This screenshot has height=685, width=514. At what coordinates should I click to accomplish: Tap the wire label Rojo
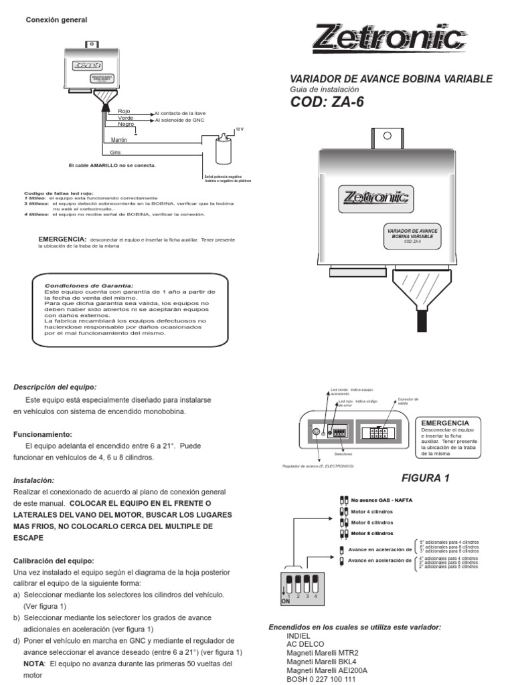pos(124,110)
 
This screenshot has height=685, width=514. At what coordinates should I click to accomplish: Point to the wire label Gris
pos(115,153)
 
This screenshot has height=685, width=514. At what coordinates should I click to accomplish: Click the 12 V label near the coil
pos(240,128)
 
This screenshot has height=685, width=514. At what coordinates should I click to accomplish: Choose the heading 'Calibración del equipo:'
pos(54,560)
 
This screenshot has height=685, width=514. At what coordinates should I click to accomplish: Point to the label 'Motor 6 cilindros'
pos(372,522)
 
